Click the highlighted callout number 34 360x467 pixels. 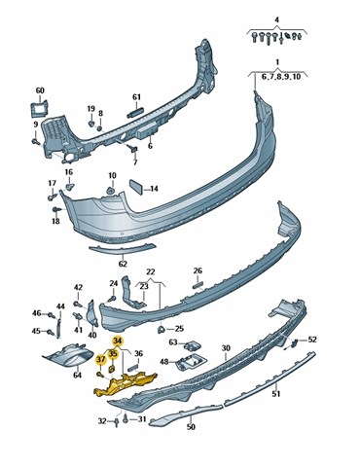118,341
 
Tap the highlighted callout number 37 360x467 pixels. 101,359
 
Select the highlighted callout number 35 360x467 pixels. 113,354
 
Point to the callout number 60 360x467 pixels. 40,90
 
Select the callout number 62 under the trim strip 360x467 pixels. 123,264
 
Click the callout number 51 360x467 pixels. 276,394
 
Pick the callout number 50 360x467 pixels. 192,427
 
